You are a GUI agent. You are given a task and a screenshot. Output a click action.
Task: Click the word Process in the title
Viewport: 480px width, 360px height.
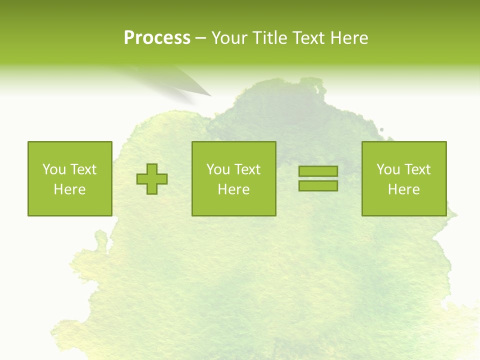click(157, 38)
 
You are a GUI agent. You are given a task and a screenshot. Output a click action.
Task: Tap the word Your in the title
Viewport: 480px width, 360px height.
click(230, 38)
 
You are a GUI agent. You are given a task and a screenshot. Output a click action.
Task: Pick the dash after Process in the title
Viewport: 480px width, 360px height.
click(201, 38)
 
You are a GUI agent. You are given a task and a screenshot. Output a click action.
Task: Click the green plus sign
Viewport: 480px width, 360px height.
click(152, 179)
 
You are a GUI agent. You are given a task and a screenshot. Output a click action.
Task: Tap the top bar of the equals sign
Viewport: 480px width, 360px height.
click(318, 171)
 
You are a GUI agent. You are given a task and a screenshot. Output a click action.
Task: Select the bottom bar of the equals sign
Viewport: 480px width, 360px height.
click(318, 185)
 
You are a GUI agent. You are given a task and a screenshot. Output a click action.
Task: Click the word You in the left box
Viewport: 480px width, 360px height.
click(54, 169)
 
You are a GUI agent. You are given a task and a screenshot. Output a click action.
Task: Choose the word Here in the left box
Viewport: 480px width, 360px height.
click(70, 189)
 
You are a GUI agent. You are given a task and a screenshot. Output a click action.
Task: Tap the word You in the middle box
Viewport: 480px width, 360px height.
click(218, 169)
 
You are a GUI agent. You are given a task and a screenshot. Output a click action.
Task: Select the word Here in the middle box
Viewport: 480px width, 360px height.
click(234, 189)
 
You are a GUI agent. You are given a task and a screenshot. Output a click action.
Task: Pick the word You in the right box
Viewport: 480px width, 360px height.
click(388, 169)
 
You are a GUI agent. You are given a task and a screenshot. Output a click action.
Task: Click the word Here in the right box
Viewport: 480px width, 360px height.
click(404, 189)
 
